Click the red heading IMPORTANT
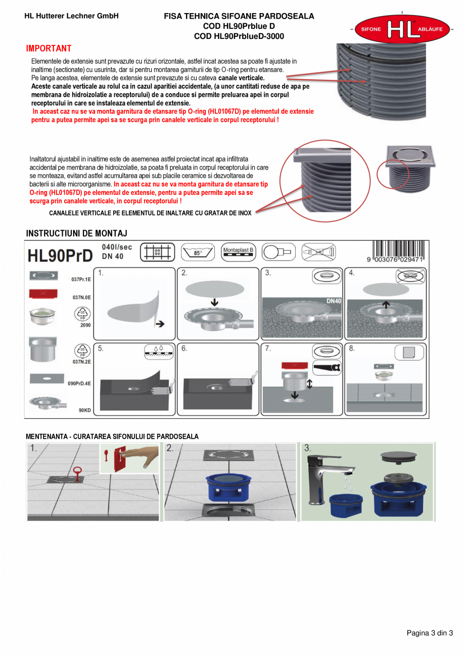click(49, 48)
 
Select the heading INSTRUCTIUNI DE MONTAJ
click(76, 233)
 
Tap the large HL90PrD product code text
click(60, 256)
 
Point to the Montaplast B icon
click(239, 251)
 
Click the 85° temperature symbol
click(198, 252)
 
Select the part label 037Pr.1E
click(81, 279)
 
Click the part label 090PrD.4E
click(79, 384)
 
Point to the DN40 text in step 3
click(334, 301)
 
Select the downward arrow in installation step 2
click(214, 302)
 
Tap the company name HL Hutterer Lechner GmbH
click(71, 16)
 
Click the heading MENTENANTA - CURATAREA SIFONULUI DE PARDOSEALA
click(112, 436)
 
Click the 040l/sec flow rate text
click(117, 247)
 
